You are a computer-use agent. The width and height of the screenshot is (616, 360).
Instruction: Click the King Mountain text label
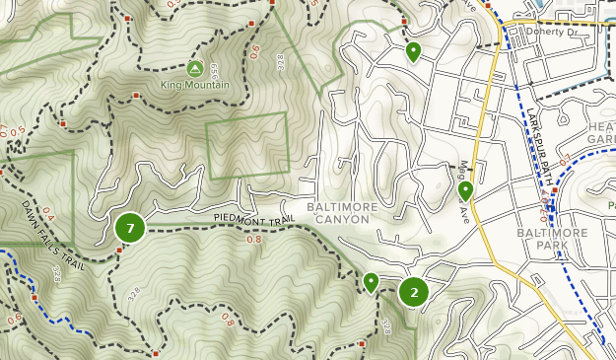(194, 85)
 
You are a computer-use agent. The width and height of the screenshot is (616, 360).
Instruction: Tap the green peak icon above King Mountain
(194, 68)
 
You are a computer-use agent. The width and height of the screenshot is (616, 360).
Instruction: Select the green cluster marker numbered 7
(130, 228)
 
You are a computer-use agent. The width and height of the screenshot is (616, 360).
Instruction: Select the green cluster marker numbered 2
(414, 291)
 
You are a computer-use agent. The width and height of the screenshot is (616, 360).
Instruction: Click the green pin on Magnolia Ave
(466, 190)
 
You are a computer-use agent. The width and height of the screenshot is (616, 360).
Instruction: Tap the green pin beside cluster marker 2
(371, 282)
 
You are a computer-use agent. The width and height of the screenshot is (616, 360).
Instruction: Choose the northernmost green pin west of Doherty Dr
(413, 50)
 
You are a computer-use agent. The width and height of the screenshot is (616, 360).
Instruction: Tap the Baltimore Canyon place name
(342, 213)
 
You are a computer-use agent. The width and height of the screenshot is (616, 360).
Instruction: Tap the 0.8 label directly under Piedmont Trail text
(253, 239)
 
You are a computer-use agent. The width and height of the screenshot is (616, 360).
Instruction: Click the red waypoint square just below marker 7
(119, 250)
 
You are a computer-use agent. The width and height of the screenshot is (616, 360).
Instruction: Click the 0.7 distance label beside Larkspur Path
(564, 159)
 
